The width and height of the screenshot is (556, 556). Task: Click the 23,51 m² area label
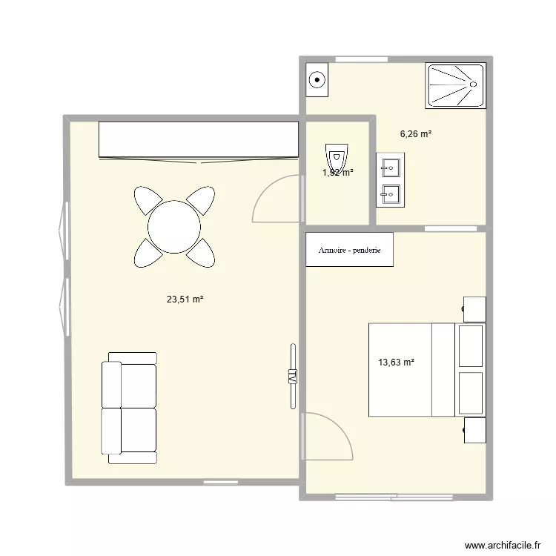185,299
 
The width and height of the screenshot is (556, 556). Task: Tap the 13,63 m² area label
396,363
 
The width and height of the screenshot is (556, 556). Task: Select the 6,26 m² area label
416,134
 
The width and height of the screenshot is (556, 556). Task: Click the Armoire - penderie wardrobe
349,250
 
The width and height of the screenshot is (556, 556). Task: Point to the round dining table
174,227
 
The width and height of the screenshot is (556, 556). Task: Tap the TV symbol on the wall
291,376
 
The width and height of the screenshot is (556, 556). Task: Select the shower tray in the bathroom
456,86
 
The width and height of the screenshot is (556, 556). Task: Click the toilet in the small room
337,157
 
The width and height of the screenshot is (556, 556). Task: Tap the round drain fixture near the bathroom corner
317,79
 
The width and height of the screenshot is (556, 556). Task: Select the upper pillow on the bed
471,345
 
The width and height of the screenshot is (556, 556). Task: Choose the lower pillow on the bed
471,393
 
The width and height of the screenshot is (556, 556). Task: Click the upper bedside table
474,308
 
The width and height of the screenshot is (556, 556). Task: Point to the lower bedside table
474,430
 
